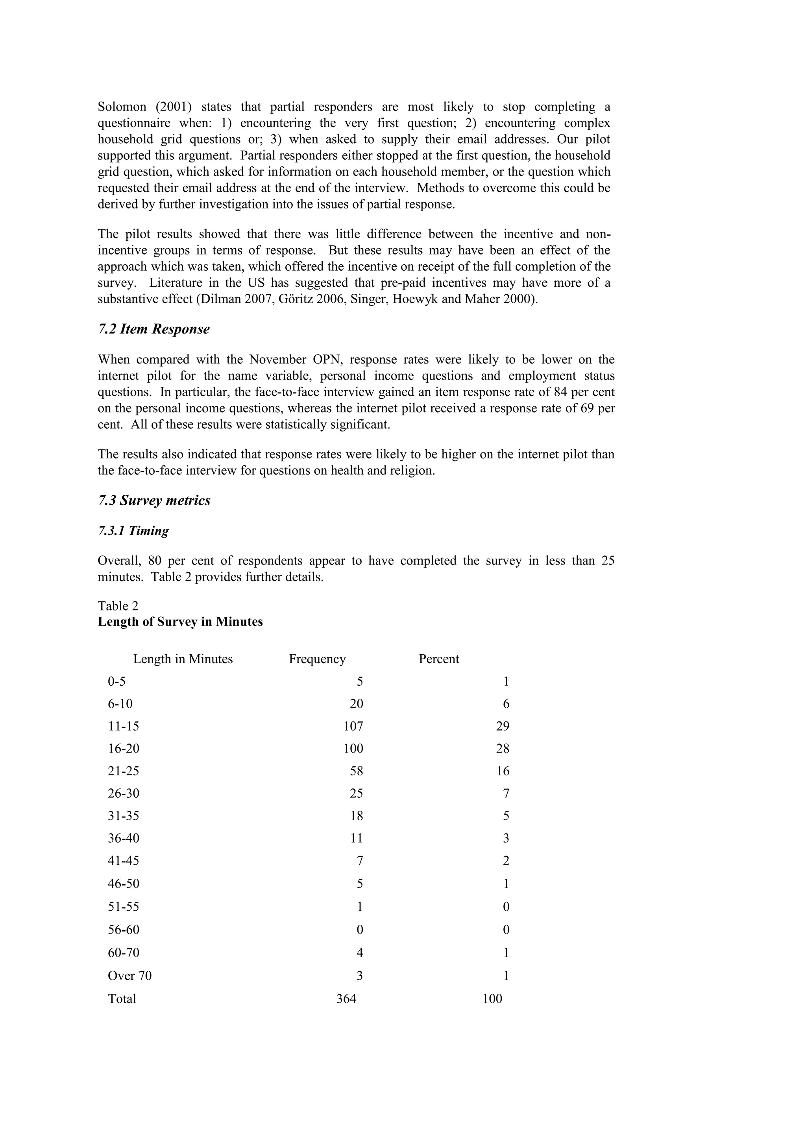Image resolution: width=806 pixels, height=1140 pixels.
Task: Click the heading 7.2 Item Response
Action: coord(153,329)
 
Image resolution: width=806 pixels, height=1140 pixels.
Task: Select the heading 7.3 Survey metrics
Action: coord(154,500)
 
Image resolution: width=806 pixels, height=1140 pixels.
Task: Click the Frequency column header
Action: coord(317,659)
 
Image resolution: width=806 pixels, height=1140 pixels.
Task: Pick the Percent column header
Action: coord(438,659)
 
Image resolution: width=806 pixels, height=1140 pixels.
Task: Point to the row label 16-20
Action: coord(123,748)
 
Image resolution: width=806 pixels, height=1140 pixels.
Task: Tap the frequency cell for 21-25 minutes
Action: coord(356,771)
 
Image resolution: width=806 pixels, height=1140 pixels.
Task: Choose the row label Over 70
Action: coord(129,976)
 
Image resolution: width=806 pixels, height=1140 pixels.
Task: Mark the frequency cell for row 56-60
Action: coord(360,930)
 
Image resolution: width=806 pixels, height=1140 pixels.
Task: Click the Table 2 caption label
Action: coord(118,606)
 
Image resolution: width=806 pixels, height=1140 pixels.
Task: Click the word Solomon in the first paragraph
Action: coord(122,107)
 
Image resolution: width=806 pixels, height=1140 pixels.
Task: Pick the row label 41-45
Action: coord(123,860)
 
